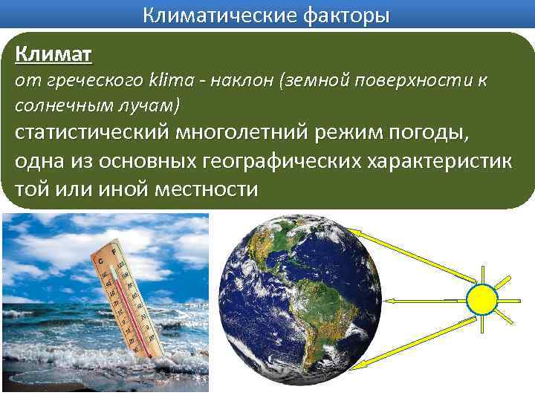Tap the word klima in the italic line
click(172, 81)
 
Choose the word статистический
click(90, 134)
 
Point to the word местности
click(206, 189)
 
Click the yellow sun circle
click(481, 299)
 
